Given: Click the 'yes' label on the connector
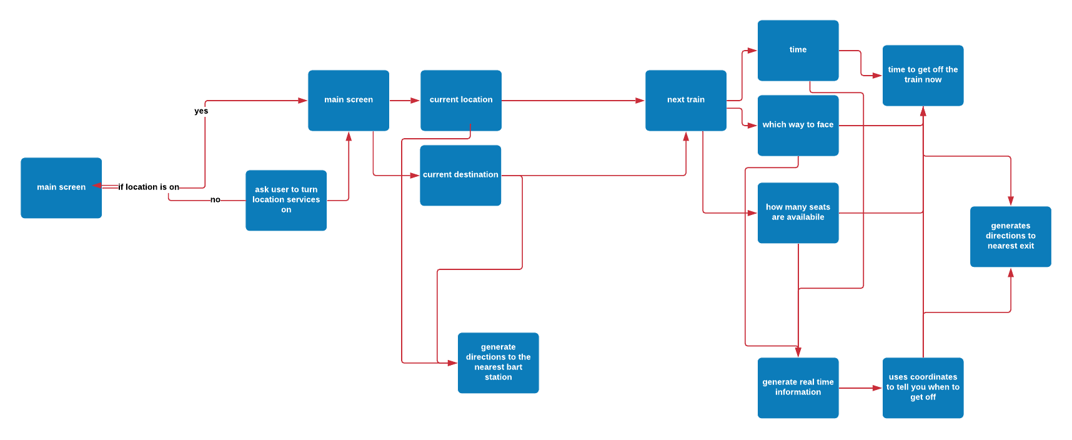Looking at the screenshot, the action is [201, 111].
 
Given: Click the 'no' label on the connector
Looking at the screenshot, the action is [216, 200].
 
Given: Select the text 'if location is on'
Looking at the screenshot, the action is [149, 187].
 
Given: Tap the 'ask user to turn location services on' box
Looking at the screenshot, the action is [286, 200].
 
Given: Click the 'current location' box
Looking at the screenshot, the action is [461, 100].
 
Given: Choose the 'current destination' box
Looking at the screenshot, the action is [460, 175].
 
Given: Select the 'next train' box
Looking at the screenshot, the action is [686, 100].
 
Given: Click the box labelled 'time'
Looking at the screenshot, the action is [798, 50].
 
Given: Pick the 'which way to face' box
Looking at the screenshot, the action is [798, 125].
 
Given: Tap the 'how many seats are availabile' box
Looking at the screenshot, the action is [798, 212].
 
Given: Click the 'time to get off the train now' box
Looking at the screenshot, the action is [923, 75].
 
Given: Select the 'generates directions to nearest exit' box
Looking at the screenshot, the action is [1011, 236].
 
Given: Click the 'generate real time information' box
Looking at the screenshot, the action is [798, 387].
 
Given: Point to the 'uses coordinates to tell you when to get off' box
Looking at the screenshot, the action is [923, 387].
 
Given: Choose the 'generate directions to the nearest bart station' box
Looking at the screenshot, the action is [499, 362].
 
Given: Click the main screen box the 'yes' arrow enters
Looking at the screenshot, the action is [349, 100].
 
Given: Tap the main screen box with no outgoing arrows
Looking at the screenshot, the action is [61, 187].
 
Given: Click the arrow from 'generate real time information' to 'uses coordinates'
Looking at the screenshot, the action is [861, 388].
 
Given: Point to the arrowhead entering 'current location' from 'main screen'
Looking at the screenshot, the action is [415, 100].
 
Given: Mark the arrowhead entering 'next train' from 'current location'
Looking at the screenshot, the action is [640, 100].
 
